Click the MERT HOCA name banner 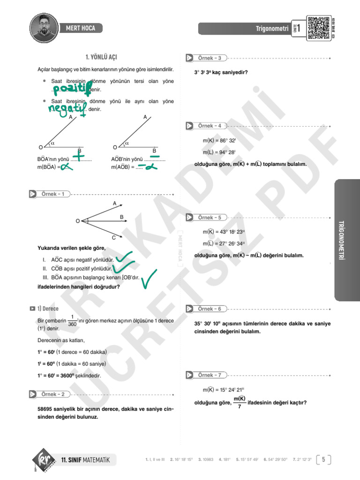[x=81, y=29]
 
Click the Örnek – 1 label [x=55, y=194]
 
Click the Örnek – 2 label [x=55, y=394]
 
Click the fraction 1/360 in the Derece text [x=72, y=320]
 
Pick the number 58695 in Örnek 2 [x=46, y=409]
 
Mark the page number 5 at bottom [x=324, y=459]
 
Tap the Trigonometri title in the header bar [x=272, y=29]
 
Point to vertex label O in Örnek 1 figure [x=77, y=220]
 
